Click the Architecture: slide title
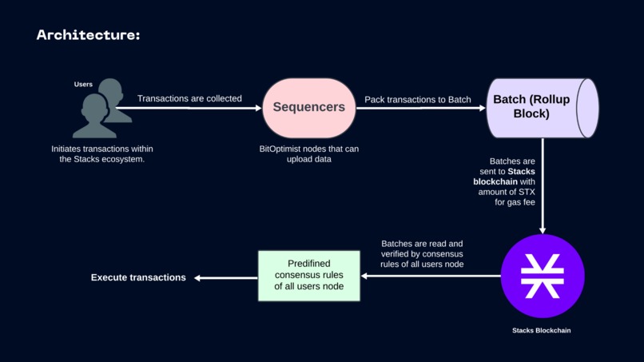pos(88,35)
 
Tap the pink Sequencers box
pos(308,107)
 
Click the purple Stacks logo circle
pos(543,276)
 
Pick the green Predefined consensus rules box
pos(308,276)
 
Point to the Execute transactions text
pos(138,278)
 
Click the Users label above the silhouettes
pos(83,85)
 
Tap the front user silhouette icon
pos(94,117)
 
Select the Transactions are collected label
pos(189,99)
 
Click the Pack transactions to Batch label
pos(417,100)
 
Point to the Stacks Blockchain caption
pos(542,330)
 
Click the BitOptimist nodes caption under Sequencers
pos(308,154)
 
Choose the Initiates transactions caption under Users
pos(102,154)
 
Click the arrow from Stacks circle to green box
pos(431,276)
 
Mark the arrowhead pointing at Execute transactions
pos(199,278)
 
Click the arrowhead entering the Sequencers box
pos(257,108)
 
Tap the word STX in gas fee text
pos(526,192)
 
